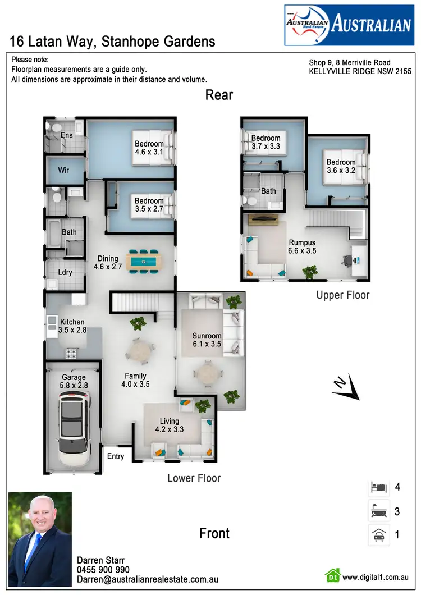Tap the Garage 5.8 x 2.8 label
click(x=74, y=382)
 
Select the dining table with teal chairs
click(x=144, y=261)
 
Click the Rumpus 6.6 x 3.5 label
click(x=302, y=247)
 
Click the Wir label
click(x=63, y=170)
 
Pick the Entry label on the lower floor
click(x=116, y=456)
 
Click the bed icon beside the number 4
click(x=377, y=487)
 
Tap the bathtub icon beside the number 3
click(x=377, y=511)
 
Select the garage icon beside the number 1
click(x=377, y=535)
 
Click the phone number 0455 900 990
click(x=103, y=570)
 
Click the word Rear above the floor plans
click(x=219, y=95)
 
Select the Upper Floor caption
click(x=343, y=295)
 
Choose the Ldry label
click(x=65, y=272)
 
